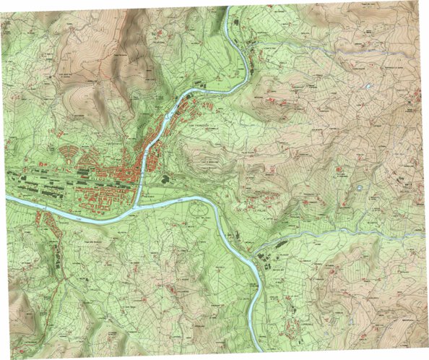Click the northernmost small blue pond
pyautogui.click(x=370, y=87)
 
